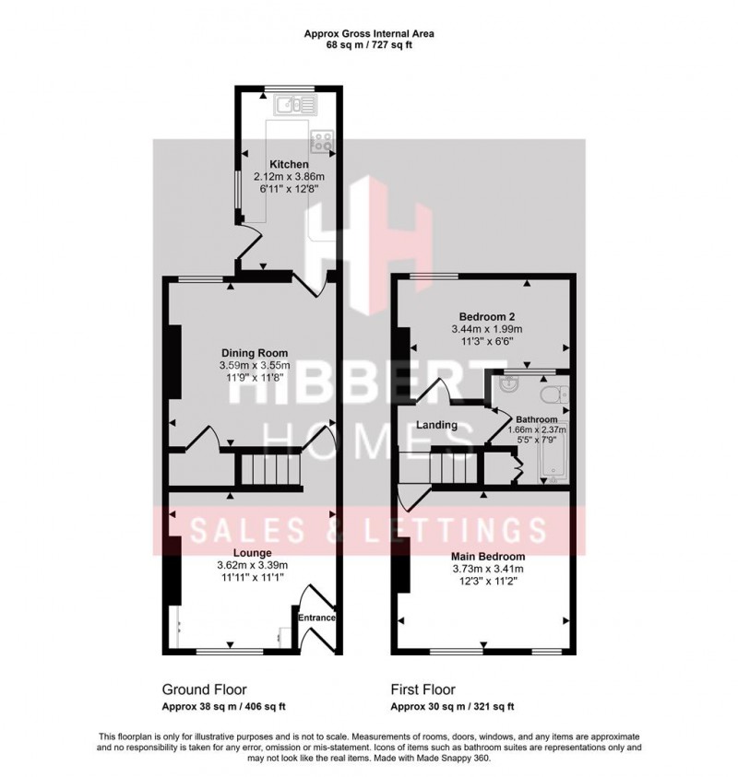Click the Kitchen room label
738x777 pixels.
(282, 165)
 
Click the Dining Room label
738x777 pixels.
(254, 352)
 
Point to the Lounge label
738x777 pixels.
(252, 553)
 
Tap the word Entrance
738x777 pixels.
(316, 618)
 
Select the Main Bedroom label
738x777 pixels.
(488, 557)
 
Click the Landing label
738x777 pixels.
(437, 425)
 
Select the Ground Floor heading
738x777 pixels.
(204, 689)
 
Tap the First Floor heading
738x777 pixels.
(423, 689)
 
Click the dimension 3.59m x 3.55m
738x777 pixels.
(254, 365)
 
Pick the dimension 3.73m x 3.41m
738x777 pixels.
(488, 569)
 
